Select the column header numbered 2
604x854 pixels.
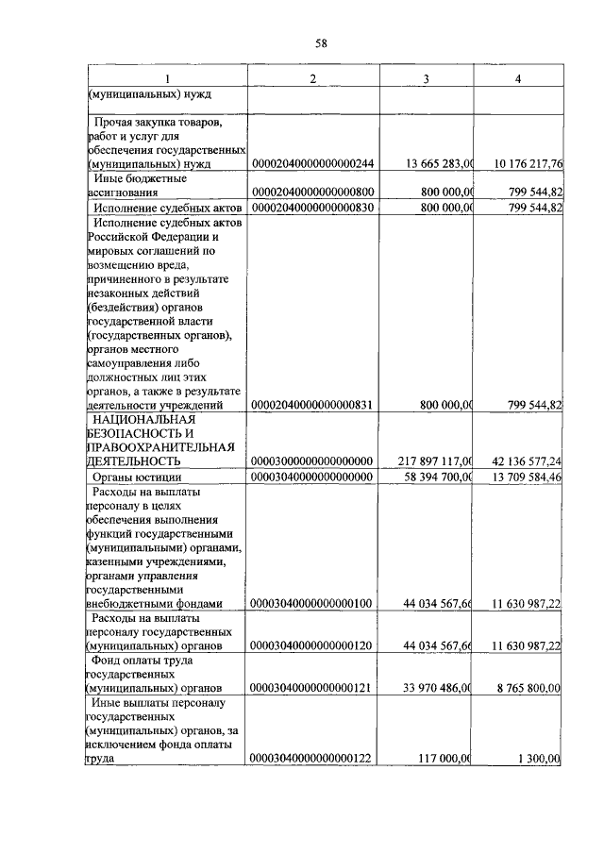312,77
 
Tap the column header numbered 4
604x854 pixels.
517,77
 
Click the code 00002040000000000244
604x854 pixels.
312,164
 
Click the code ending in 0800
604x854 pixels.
312,193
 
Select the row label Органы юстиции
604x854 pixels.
135,477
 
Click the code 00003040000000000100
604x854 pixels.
312,603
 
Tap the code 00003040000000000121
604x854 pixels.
312,688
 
